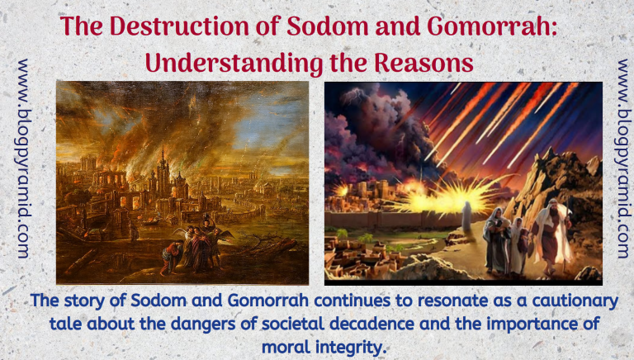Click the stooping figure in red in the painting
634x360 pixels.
tap(170, 257)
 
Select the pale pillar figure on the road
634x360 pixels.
tap(466, 216)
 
